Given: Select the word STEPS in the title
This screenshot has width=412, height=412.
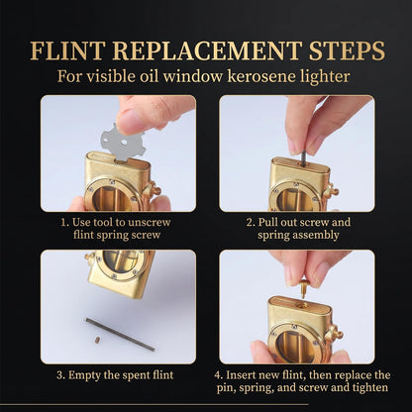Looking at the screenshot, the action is pyautogui.click(x=347, y=51).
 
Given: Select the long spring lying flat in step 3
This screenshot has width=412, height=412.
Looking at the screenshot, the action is pyautogui.click(x=120, y=334).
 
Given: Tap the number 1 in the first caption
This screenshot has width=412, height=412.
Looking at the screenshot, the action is pyautogui.click(x=64, y=222).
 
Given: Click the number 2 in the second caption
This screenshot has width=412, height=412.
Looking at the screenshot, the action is pyautogui.click(x=250, y=222).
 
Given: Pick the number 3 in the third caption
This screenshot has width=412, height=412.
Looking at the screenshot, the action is pyautogui.click(x=60, y=375).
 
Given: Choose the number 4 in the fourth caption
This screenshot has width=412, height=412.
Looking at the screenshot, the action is pyautogui.click(x=218, y=375).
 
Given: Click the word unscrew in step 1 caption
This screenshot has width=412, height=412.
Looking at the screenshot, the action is pyautogui.click(x=150, y=222).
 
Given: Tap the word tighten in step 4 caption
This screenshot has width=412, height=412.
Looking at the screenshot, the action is pyautogui.click(x=369, y=388).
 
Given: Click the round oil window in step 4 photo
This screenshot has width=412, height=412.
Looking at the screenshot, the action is pyautogui.click(x=294, y=344).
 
